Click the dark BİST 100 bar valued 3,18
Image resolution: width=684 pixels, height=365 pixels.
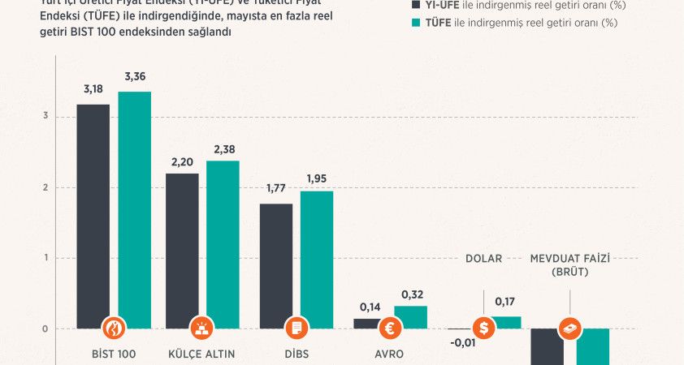tap(93, 211)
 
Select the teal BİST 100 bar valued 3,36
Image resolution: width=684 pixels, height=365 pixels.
tap(134, 203)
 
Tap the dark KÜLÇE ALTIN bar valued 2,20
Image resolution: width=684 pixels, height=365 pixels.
tap(182, 243)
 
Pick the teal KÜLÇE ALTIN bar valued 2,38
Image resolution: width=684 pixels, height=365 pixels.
tap(223, 235)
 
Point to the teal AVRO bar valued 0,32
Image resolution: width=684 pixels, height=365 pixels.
tap(410, 317)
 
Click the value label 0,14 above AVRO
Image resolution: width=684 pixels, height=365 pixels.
tap(370, 308)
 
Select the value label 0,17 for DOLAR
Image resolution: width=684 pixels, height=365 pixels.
tap(505, 303)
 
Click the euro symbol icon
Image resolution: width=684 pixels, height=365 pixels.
tap(391, 328)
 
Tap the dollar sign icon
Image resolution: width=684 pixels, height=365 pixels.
tap(485, 328)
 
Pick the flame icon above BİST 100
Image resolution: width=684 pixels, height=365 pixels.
tap(114, 328)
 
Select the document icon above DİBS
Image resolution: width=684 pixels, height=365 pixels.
tap(297, 328)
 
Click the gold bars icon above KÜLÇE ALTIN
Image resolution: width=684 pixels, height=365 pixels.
tap(202, 328)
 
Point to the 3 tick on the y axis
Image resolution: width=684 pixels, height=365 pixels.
tap(45, 117)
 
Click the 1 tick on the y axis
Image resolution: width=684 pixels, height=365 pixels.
tap(45, 258)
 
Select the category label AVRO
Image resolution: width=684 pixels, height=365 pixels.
tap(391, 354)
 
